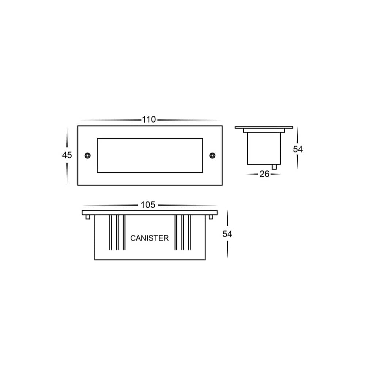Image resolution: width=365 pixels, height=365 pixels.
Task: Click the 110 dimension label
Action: coord(149,120)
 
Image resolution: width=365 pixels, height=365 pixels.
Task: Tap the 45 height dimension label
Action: coord(67,155)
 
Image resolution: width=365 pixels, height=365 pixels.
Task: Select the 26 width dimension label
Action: coord(264,174)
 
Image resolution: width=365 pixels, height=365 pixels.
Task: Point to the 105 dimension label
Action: coord(148,205)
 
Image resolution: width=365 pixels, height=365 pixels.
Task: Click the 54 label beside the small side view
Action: coord(298,149)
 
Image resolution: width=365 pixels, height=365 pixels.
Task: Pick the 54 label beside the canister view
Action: coord(227,234)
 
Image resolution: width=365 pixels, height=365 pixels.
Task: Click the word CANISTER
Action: coord(150,238)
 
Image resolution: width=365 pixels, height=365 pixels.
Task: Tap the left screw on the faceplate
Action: coord(88,155)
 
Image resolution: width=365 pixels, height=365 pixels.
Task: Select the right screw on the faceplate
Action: coord(212,155)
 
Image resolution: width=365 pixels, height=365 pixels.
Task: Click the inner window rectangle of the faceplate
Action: coord(150,155)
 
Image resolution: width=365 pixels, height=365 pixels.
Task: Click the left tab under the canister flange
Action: coord(88,217)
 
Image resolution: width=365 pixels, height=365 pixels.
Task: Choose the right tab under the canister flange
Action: coord(211,217)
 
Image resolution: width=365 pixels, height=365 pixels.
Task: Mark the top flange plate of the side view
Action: coord(264,127)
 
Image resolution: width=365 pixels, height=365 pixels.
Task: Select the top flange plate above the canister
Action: coord(150,212)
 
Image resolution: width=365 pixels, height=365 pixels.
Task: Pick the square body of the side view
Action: coord(264,148)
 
